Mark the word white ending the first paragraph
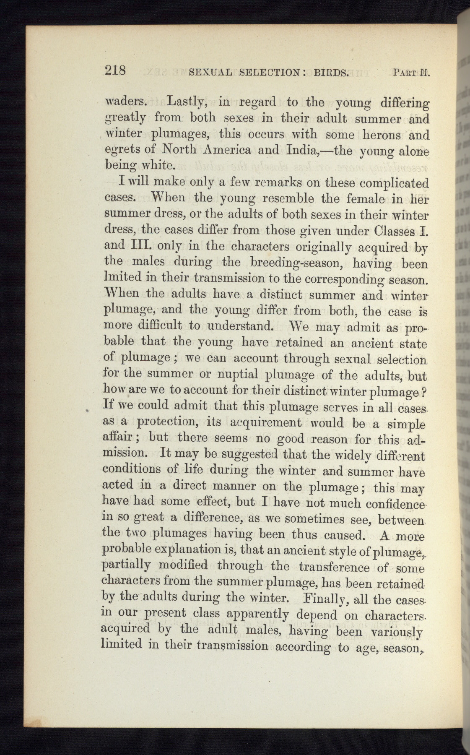[156, 164]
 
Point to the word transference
[334, 568]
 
